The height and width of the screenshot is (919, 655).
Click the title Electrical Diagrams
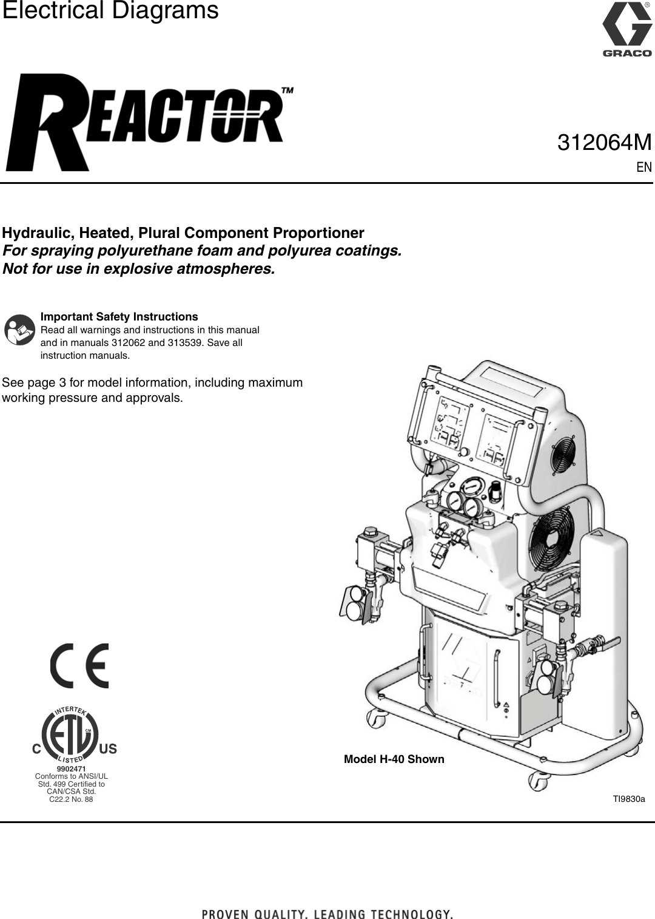pyautogui.click(x=110, y=11)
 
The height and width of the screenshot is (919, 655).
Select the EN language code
pyautogui.click(x=644, y=167)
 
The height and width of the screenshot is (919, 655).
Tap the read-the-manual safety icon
pyautogui.click(x=19, y=330)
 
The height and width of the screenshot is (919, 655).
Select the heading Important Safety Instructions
pyautogui.click(x=119, y=317)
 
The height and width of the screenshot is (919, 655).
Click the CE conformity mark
pyautogui.click(x=79, y=666)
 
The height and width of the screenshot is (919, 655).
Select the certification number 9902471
pyautogui.click(x=71, y=769)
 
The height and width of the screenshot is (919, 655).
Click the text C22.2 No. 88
pyautogui.click(x=71, y=799)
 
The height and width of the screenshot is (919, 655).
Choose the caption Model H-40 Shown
pyautogui.click(x=394, y=759)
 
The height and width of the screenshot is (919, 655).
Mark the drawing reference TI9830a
pyautogui.click(x=629, y=799)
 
